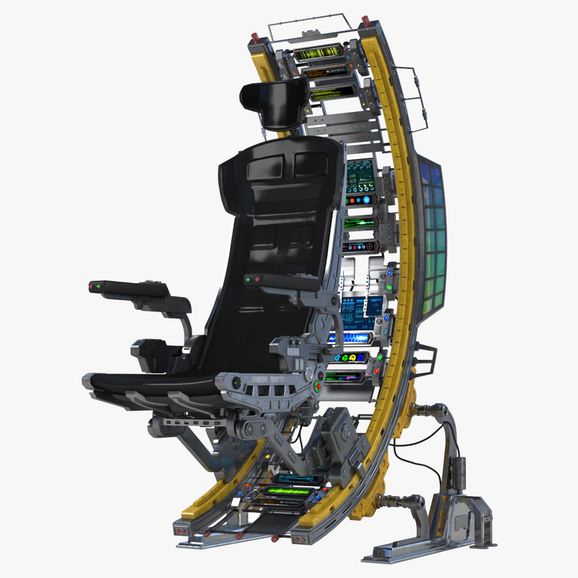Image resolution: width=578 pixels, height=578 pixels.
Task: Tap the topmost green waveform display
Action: click(317, 53)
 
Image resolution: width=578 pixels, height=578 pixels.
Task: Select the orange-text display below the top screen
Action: click(323, 73)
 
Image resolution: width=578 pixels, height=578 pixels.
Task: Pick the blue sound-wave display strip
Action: click(351, 338)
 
